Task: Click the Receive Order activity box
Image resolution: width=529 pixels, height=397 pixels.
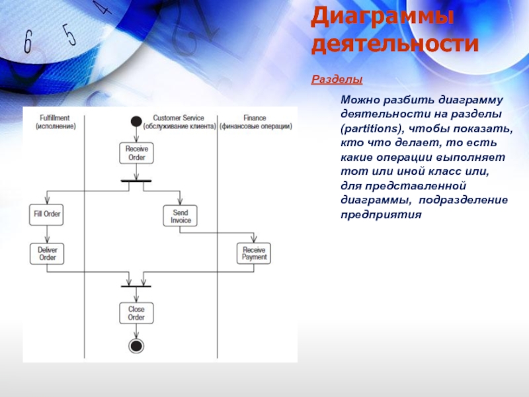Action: coord(136,154)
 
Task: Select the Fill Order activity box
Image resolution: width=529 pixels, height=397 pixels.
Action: coord(47,214)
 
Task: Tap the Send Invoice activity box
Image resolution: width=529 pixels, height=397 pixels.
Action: coord(180,216)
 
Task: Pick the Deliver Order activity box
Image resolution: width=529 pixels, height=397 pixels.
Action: coord(47,253)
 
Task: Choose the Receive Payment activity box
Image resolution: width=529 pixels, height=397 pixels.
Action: coord(254,253)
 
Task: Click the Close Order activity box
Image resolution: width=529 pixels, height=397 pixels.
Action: coord(136,313)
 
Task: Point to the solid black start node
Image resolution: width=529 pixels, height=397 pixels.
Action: coord(136,121)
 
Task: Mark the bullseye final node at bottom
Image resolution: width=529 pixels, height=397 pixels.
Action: coord(136,346)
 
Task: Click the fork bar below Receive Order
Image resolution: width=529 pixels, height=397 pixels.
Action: coord(136,180)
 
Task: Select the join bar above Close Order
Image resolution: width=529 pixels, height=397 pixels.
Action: coord(136,287)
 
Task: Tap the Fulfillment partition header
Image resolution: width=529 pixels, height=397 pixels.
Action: coord(55,122)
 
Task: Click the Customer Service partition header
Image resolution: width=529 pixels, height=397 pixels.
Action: coord(179,122)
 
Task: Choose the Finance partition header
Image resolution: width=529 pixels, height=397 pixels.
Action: coord(255,122)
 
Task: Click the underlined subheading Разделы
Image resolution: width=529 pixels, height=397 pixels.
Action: coord(337,80)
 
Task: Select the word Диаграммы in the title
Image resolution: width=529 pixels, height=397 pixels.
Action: coord(382,16)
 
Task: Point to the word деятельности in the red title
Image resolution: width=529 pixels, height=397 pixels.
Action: coord(394,44)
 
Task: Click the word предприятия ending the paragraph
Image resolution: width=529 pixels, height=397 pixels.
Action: coord(380,215)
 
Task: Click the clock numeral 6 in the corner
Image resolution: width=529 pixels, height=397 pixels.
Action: coord(27,42)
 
